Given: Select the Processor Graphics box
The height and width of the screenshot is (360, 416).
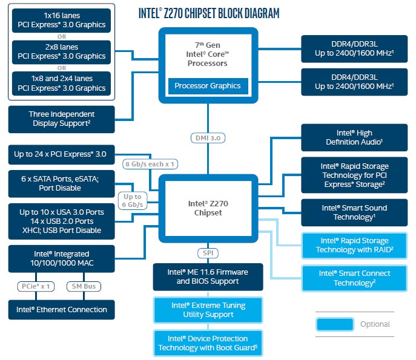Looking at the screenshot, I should (208, 86).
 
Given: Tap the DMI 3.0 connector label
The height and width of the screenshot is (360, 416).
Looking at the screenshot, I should (208, 138).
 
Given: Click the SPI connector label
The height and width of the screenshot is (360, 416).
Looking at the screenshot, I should (208, 252).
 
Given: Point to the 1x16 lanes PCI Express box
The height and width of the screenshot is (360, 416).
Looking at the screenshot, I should (62, 21).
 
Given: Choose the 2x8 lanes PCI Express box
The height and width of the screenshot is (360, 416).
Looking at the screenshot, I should (62, 52).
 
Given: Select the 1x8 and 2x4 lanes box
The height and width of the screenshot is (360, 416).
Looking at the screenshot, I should (62, 83).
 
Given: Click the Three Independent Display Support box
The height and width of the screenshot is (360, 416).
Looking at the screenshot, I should (62, 119).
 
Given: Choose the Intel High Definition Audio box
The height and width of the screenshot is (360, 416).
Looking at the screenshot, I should (354, 137).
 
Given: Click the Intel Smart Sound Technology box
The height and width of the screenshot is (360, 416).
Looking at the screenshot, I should (354, 212).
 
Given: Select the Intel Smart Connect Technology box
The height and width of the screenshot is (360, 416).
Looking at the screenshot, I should (354, 278).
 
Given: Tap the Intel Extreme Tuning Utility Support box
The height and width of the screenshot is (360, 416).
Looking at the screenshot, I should (208, 310).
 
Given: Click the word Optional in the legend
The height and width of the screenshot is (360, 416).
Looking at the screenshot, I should (375, 324).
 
